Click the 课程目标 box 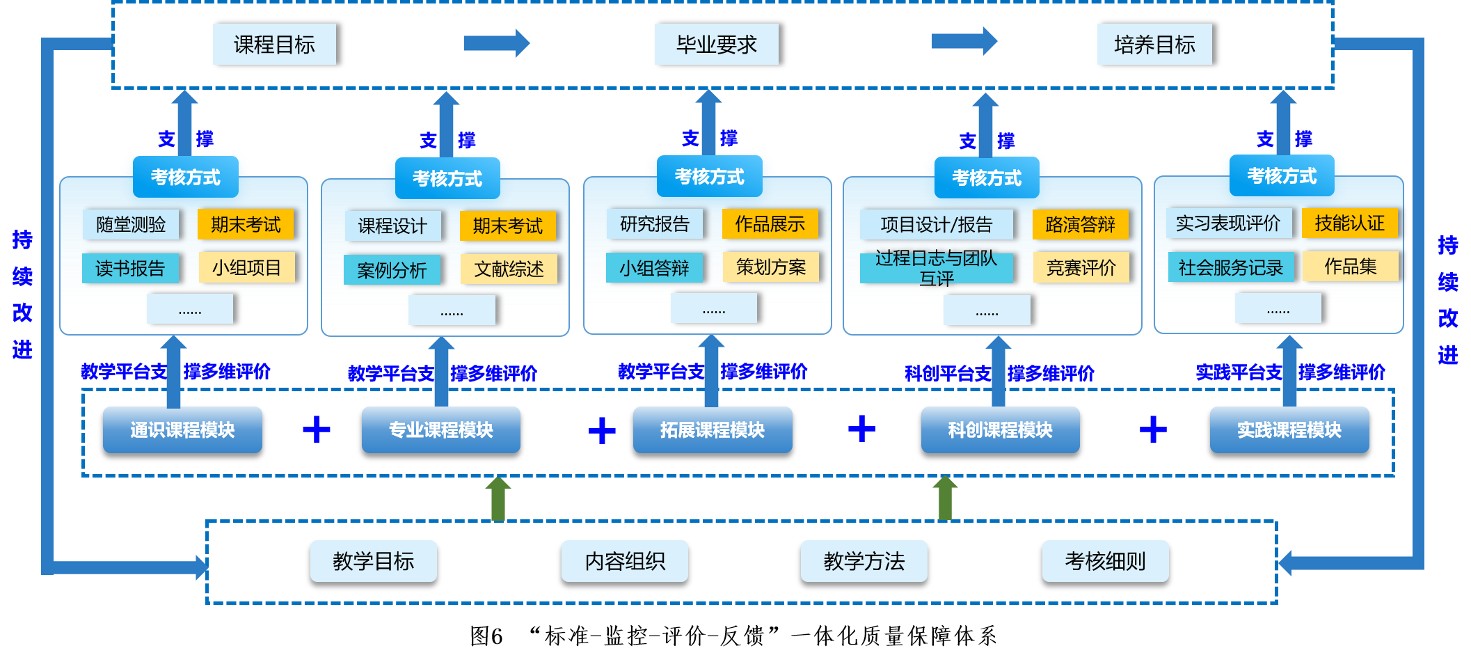click(x=274, y=45)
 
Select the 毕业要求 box click(x=716, y=45)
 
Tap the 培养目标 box click(x=1154, y=45)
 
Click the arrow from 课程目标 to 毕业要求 click(x=496, y=43)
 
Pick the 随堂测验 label click(x=131, y=224)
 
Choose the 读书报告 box click(x=130, y=268)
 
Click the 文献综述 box click(x=509, y=269)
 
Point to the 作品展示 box click(x=770, y=223)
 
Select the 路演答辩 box click(x=1080, y=224)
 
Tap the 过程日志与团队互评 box click(x=936, y=268)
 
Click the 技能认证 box click(x=1349, y=223)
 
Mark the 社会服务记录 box click(x=1230, y=267)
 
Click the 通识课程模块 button click(x=182, y=430)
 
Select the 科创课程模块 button click(x=1000, y=430)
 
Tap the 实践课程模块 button click(x=1289, y=430)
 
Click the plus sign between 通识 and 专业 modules click(x=317, y=429)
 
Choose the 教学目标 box click(x=373, y=561)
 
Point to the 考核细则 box click(x=1105, y=561)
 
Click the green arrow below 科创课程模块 click(x=944, y=498)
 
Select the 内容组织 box click(x=624, y=561)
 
